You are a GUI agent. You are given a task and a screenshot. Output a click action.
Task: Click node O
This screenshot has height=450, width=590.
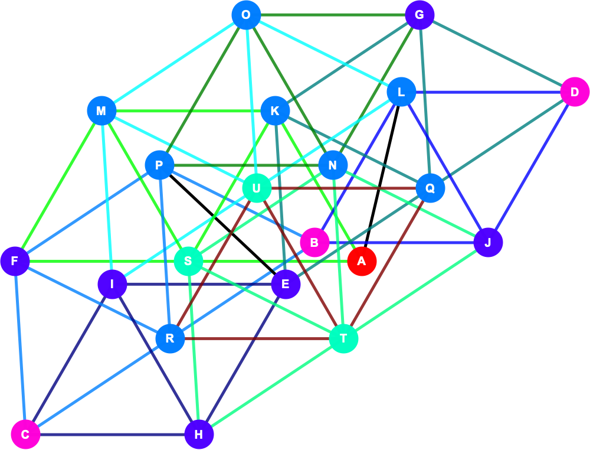pos(246,15)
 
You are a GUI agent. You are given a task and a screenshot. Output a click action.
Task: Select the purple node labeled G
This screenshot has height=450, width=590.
pos(419,15)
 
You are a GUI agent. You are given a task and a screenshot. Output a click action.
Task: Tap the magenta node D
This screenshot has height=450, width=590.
pos(575,92)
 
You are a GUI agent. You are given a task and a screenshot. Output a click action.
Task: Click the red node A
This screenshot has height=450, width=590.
pos(362,261)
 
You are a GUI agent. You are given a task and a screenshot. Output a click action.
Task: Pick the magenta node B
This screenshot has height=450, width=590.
pos(314,243)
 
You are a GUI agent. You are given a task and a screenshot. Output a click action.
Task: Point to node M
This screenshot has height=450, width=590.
pos(101,111)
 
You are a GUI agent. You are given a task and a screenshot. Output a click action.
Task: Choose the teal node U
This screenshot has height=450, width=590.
pos(257,188)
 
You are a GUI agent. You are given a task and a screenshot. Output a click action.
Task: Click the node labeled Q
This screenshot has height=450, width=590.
pos(430,188)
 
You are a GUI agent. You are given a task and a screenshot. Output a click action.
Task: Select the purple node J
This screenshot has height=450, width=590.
pos(488,243)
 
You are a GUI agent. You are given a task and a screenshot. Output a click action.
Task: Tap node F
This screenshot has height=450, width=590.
pos(15,261)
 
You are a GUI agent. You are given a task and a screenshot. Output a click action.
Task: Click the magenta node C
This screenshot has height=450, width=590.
pos(25,435)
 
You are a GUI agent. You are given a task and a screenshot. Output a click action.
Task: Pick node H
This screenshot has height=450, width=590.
pos(199,435)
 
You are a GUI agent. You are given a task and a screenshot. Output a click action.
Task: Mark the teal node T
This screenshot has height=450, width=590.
pos(343,338)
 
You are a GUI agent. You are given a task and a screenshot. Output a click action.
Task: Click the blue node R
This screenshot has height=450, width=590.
pos(170,338)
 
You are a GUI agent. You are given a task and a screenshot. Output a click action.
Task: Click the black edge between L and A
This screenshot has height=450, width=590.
pos(382,177)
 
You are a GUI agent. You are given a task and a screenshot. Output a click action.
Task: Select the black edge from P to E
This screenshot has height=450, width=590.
pos(222,224)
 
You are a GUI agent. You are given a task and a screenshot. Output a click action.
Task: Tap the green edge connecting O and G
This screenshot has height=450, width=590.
pos(333,15)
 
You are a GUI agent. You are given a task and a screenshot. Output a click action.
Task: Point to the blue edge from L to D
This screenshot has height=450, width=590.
pos(488,92)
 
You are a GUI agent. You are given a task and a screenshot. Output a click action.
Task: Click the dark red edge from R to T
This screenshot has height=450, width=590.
pos(257,338)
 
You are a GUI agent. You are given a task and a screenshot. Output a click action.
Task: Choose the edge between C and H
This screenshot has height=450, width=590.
pos(112,435)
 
